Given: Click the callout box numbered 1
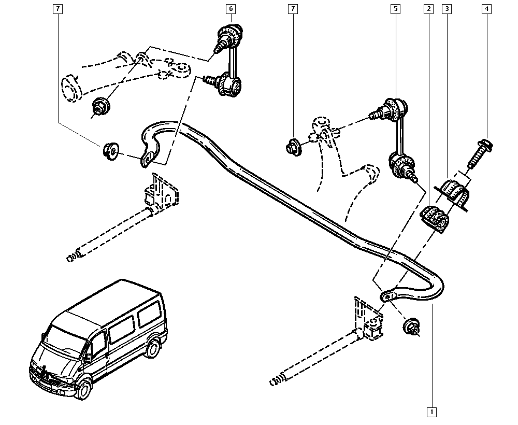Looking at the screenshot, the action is pyautogui.click(x=431, y=412).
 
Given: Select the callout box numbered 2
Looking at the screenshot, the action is pyautogui.click(x=428, y=9).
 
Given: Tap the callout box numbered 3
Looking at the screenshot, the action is pyautogui.click(x=447, y=9).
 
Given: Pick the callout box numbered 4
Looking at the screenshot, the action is pyautogui.click(x=486, y=9).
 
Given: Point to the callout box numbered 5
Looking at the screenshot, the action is pyautogui.click(x=395, y=9).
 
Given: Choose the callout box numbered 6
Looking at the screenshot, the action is pyautogui.click(x=231, y=9).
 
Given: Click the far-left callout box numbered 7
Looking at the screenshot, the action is pyautogui.click(x=57, y=9).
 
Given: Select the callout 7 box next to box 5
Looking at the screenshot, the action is pyautogui.click(x=292, y=9).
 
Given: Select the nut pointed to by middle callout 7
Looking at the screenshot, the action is pyautogui.click(x=294, y=147).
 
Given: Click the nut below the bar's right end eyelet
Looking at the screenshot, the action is pyautogui.click(x=412, y=327).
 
